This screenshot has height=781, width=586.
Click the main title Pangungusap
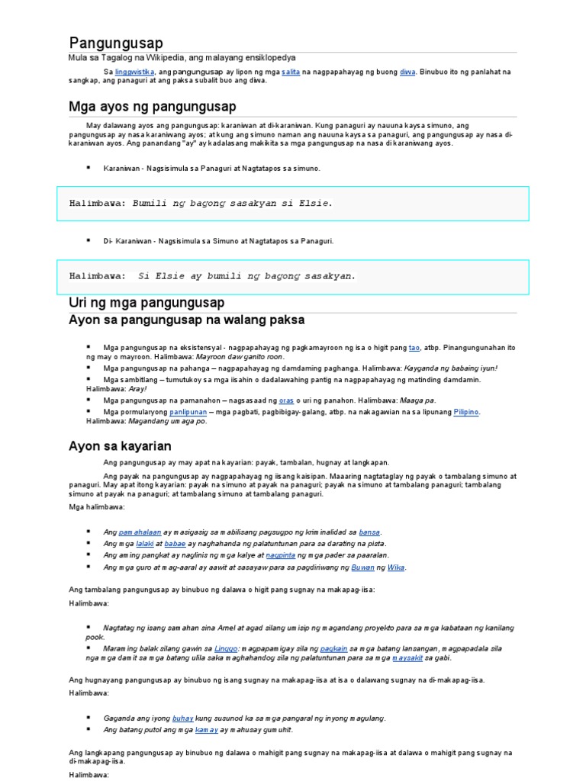click(116, 43)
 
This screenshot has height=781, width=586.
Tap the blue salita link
click(290, 71)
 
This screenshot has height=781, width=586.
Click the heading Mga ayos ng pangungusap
click(153, 106)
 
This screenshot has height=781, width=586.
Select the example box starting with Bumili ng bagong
click(292, 204)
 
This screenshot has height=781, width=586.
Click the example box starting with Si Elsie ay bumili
click(292, 276)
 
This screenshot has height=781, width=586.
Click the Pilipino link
click(466, 412)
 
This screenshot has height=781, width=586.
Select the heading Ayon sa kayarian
click(120, 445)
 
